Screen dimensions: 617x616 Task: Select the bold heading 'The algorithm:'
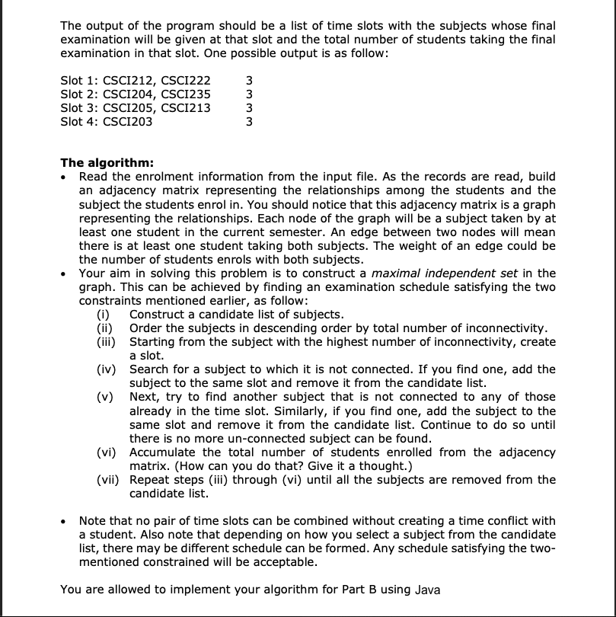pyautogui.click(x=107, y=162)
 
